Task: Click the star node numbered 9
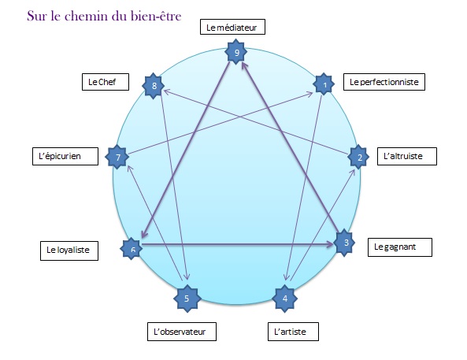click(x=236, y=54)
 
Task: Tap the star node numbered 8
click(x=154, y=84)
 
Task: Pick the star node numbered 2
click(x=359, y=156)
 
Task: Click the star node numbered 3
click(x=345, y=243)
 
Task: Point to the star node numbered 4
click(x=284, y=298)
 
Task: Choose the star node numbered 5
click(x=187, y=298)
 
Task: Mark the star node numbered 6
click(x=132, y=248)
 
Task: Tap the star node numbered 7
click(x=118, y=157)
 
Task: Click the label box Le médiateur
click(x=231, y=27)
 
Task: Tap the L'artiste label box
click(x=297, y=332)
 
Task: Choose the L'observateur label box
click(x=182, y=332)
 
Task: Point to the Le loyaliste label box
click(x=67, y=251)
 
